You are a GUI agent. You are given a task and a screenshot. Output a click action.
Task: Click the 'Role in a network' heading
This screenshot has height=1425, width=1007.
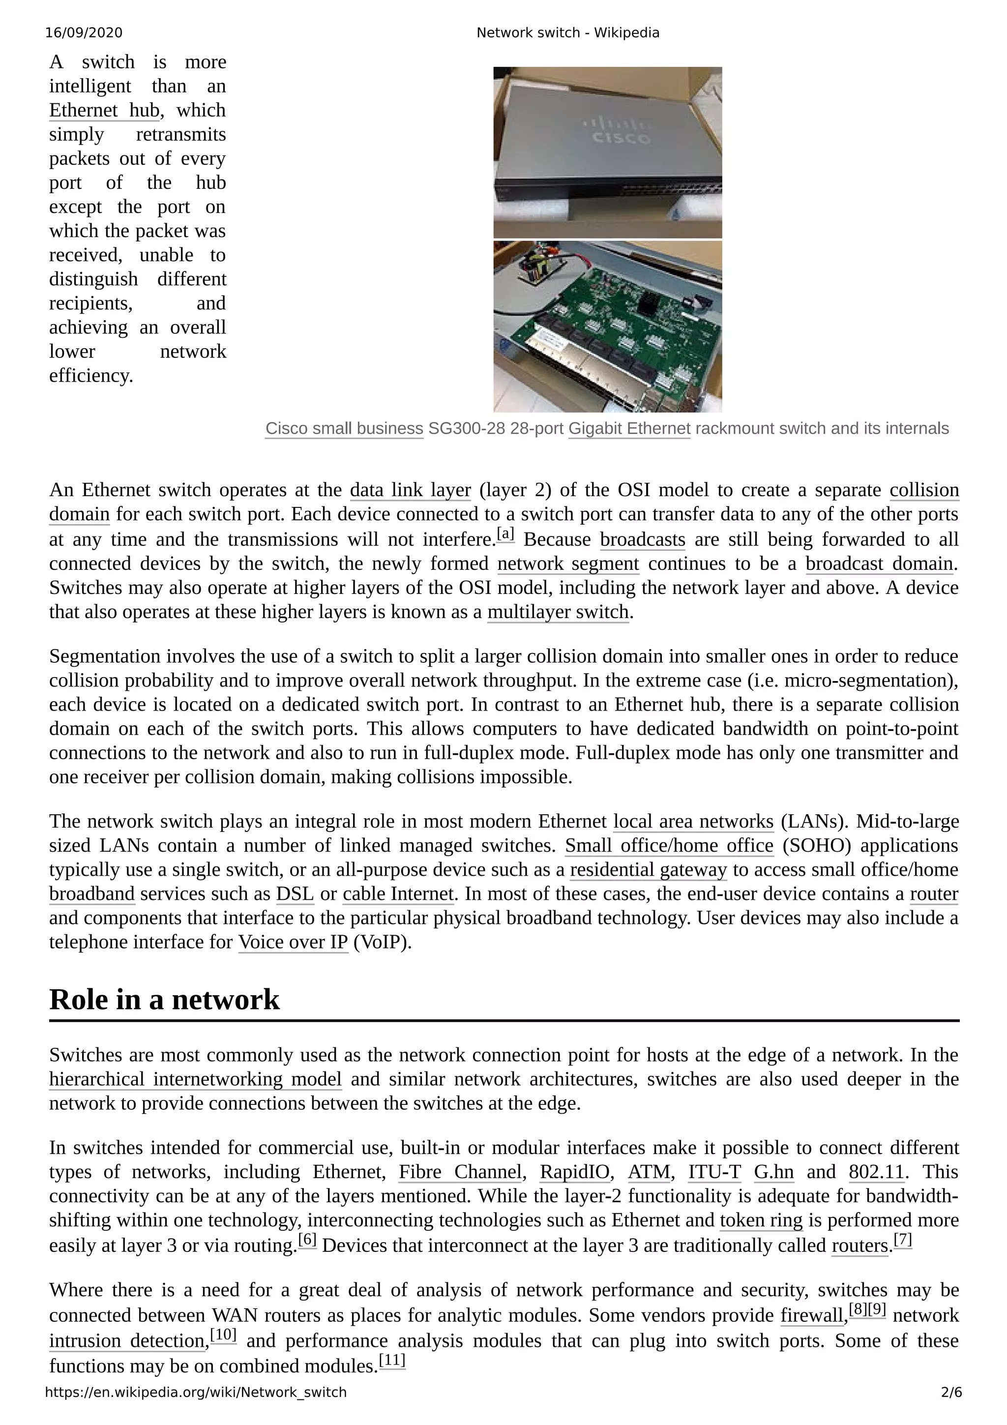tap(164, 999)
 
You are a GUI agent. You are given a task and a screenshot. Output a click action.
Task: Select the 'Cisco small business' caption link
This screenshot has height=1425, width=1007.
tap(344, 428)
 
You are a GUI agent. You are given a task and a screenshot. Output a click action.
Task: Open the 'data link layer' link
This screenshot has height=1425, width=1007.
tap(410, 490)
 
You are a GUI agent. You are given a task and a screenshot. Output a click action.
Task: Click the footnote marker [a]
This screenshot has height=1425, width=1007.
tap(505, 534)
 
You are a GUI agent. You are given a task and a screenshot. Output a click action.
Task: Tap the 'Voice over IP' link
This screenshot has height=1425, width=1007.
tap(293, 942)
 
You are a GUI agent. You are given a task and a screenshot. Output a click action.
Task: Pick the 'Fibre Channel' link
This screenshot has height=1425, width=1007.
tap(459, 1172)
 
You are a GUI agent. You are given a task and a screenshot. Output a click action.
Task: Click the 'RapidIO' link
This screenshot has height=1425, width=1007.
tap(574, 1172)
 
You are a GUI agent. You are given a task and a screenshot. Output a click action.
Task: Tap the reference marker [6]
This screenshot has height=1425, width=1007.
tap(307, 1240)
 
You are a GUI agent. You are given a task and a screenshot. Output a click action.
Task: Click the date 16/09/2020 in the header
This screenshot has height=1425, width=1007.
tap(84, 33)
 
